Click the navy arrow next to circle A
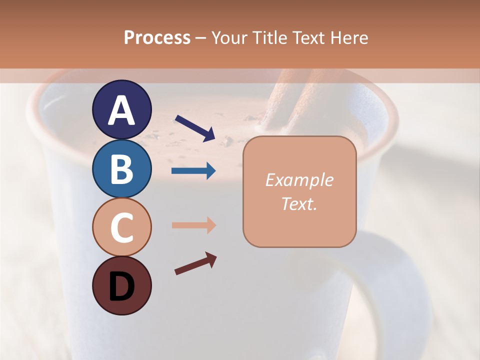(194, 127)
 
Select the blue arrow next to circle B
(193, 171)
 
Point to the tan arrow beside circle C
(193, 225)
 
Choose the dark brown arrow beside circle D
(195, 264)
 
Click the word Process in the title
(157, 37)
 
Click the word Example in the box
(299, 180)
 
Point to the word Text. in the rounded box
(299, 204)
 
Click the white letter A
(121, 110)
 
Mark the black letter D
(121, 286)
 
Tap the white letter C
(121, 227)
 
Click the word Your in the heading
(230, 37)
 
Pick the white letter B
(121, 169)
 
